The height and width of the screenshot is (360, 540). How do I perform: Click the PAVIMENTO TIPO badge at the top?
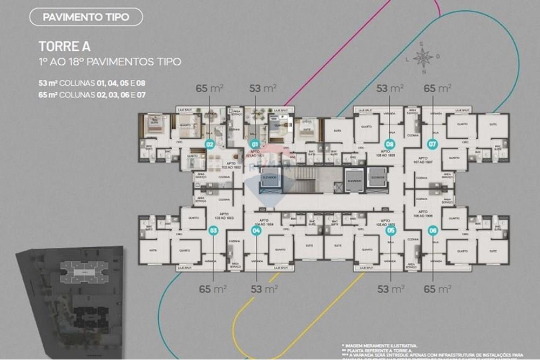[86, 17]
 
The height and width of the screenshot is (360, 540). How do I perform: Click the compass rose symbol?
[423, 57]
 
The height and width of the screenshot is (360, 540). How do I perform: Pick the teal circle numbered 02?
[210, 144]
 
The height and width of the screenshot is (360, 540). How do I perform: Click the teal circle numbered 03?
[213, 230]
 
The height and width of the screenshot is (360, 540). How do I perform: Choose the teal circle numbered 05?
[391, 230]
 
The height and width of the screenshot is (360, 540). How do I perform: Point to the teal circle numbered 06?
[433, 230]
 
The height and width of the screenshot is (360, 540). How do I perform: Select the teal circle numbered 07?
[431, 144]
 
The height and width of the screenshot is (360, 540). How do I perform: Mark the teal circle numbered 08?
[389, 144]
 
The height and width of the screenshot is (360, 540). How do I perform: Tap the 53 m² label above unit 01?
[263, 88]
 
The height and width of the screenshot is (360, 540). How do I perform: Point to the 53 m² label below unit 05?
[390, 289]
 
